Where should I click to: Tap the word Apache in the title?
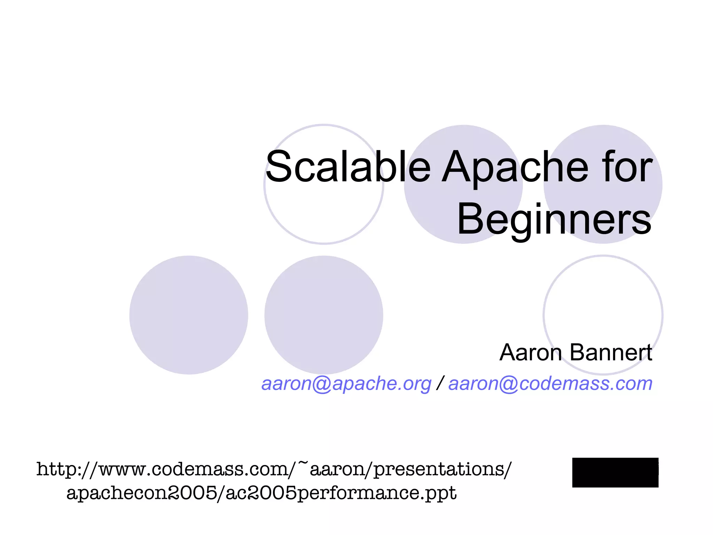(x=515, y=167)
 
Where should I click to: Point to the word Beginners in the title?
(x=554, y=219)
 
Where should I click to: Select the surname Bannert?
(x=611, y=352)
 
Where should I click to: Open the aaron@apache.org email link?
(x=346, y=383)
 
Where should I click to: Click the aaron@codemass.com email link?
(x=550, y=383)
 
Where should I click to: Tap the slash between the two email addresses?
(x=440, y=383)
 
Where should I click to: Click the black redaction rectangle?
(x=615, y=472)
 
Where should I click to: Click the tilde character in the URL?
(x=303, y=464)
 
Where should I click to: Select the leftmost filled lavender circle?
(x=188, y=315)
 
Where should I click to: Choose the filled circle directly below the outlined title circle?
(x=324, y=315)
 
